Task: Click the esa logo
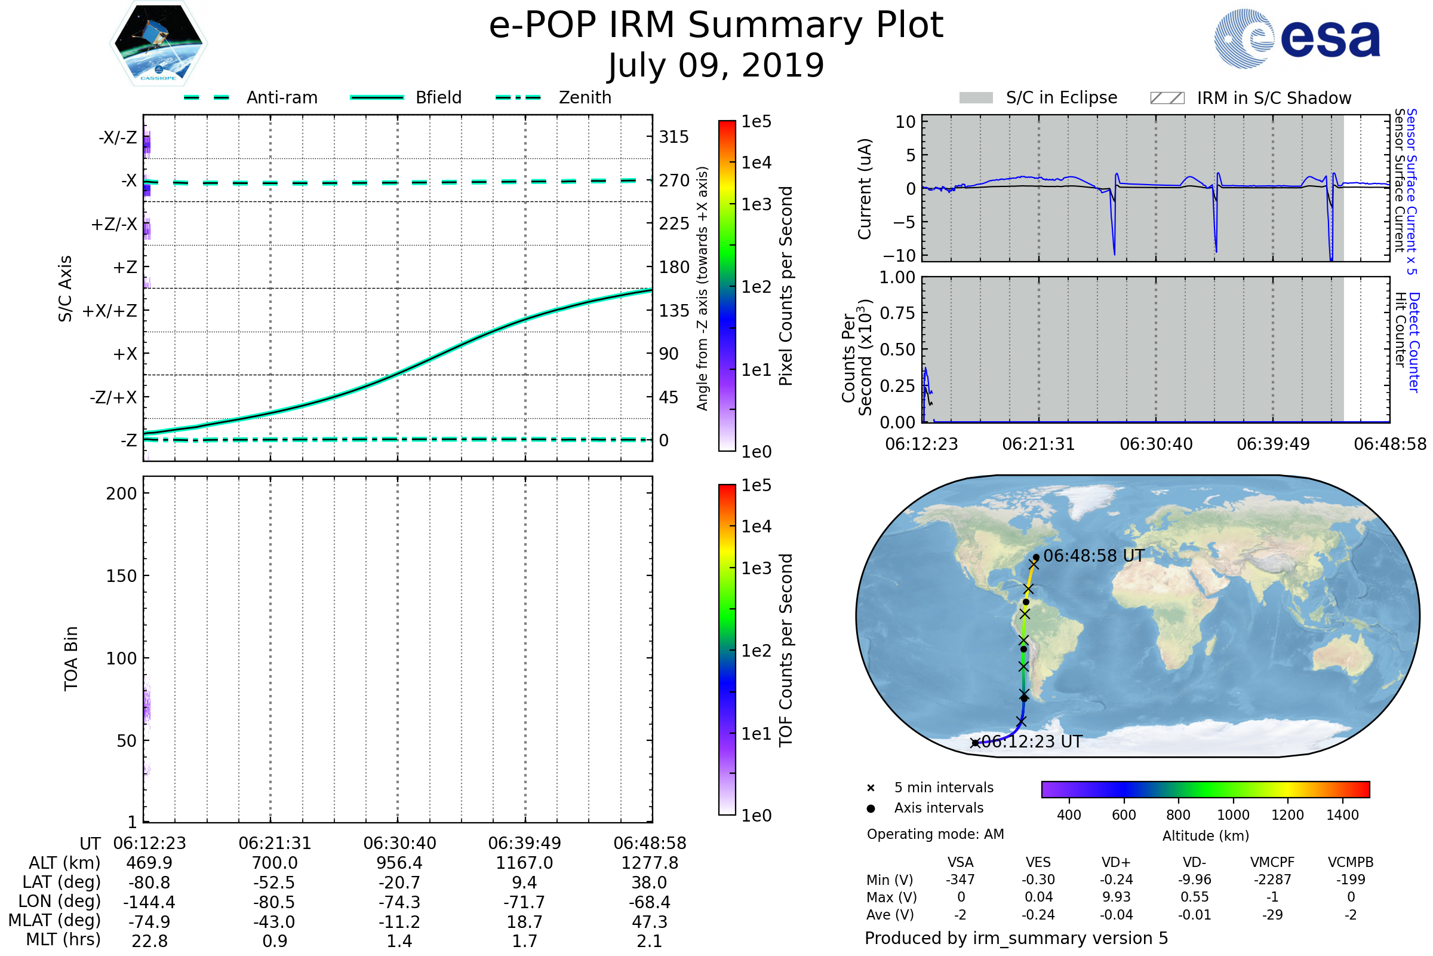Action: [1297, 38]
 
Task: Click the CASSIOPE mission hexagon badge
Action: [158, 42]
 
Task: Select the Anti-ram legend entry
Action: [250, 97]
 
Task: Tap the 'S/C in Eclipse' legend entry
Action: [1038, 97]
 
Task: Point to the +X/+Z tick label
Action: [110, 311]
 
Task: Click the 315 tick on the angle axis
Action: [674, 137]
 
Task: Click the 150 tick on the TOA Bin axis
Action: [122, 576]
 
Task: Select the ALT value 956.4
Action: [399, 863]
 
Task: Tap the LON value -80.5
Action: [274, 902]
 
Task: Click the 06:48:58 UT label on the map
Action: [1094, 556]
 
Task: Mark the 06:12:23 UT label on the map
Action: [1032, 742]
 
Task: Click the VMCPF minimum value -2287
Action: [1272, 880]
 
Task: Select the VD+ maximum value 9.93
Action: [1117, 897]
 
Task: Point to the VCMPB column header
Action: [1351, 863]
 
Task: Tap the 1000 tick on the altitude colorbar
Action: [1233, 815]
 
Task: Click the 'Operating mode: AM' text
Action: [935, 834]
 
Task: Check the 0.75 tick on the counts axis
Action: [897, 313]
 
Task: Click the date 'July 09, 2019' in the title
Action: [716, 65]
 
